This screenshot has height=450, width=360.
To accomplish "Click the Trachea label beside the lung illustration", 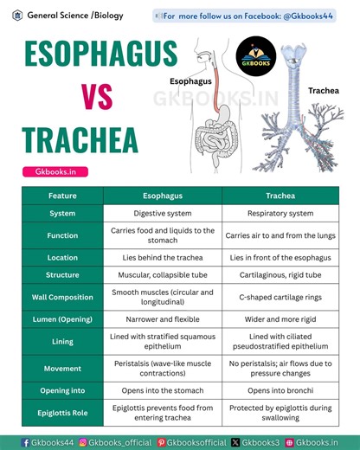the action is (322, 90).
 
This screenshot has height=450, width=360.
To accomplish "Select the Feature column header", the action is (62, 196).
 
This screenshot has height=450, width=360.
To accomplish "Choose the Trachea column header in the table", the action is (280, 196).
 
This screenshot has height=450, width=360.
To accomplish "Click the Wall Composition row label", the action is (62, 298).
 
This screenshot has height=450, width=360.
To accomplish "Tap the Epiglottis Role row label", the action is (62, 414).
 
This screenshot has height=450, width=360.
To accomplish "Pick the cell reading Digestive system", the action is (162, 213).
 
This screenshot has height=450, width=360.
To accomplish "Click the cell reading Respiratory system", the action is (280, 213).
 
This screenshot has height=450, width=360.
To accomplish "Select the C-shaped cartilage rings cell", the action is (280, 298).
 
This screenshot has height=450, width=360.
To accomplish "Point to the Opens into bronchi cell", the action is (280, 391).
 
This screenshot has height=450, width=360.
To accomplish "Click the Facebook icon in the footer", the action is (26, 442).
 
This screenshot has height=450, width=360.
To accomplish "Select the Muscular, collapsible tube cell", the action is (162, 275).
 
